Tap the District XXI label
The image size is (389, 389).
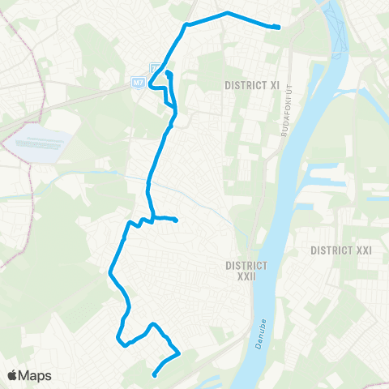(x=340, y=250)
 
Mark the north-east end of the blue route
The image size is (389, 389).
(x=278, y=27)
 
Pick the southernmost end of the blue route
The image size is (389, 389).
(x=154, y=374)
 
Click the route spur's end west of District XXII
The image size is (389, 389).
(x=176, y=220)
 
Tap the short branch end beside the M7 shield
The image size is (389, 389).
(x=168, y=74)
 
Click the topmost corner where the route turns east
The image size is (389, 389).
(x=186, y=24)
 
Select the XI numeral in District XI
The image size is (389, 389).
(x=275, y=84)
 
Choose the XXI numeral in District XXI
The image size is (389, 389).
(x=361, y=250)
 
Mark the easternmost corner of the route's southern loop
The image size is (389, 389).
(x=178, y=353)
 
